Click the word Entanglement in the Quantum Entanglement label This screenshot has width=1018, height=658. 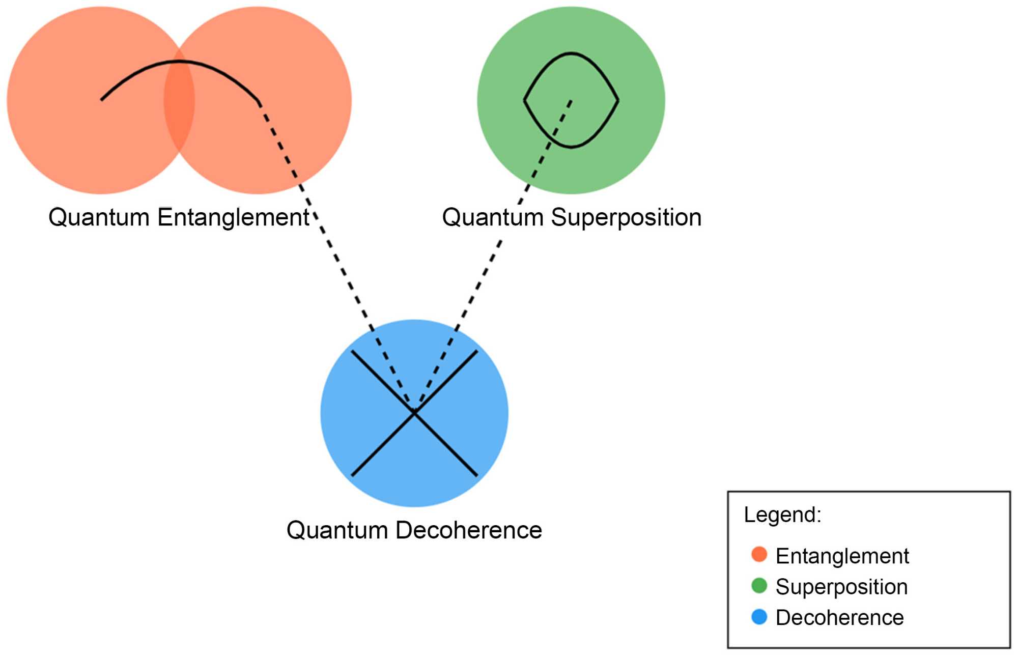coord(233,218)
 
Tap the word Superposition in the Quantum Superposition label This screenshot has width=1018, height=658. coord(626,218)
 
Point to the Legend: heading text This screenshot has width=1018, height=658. coord(782,514)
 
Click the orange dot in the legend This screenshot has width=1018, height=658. coord(759,554)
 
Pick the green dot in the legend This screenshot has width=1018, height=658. coord(759,585)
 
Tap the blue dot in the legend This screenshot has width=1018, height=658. coord(759,617)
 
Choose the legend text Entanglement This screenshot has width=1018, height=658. coord(842,556)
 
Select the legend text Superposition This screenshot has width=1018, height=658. coord(841,587)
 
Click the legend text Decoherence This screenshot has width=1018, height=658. coord(839,617)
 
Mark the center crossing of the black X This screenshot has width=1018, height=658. coord(414,413)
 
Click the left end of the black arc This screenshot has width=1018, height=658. coord(101,100)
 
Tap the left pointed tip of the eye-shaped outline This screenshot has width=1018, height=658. coord(524,100)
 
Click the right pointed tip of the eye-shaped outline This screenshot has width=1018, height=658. coord(618,100)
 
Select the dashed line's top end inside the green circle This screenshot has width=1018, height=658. coord(571,101)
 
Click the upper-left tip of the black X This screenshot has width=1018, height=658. coord(352,351)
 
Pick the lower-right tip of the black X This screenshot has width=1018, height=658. coord(476,475)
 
